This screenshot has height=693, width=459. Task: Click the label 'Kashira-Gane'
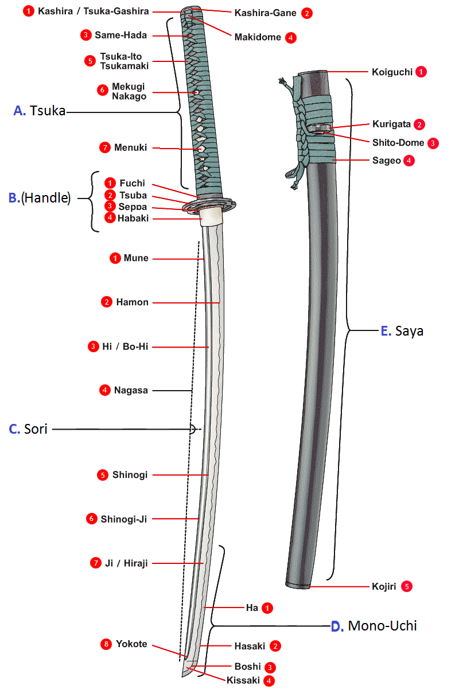point(265,13)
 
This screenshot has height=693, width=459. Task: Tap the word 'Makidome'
point(258,37)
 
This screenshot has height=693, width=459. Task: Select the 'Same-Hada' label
point(121,35)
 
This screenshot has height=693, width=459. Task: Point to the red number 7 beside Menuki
point(104,147)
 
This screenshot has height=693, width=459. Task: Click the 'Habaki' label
point(133,218)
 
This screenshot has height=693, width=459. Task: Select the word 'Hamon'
point(133,302)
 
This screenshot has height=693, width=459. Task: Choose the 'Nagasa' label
point(131,390)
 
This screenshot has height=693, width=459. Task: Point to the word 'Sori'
point(36,429)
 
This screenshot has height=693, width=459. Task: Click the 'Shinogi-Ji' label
point(124,519)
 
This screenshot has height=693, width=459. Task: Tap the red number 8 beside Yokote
point(105,644)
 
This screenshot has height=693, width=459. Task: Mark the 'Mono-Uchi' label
point(382,625)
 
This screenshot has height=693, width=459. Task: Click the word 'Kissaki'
point(243,681)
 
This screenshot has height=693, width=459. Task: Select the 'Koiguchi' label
point(391,72)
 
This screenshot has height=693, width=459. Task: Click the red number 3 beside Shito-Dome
point(433,142)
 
